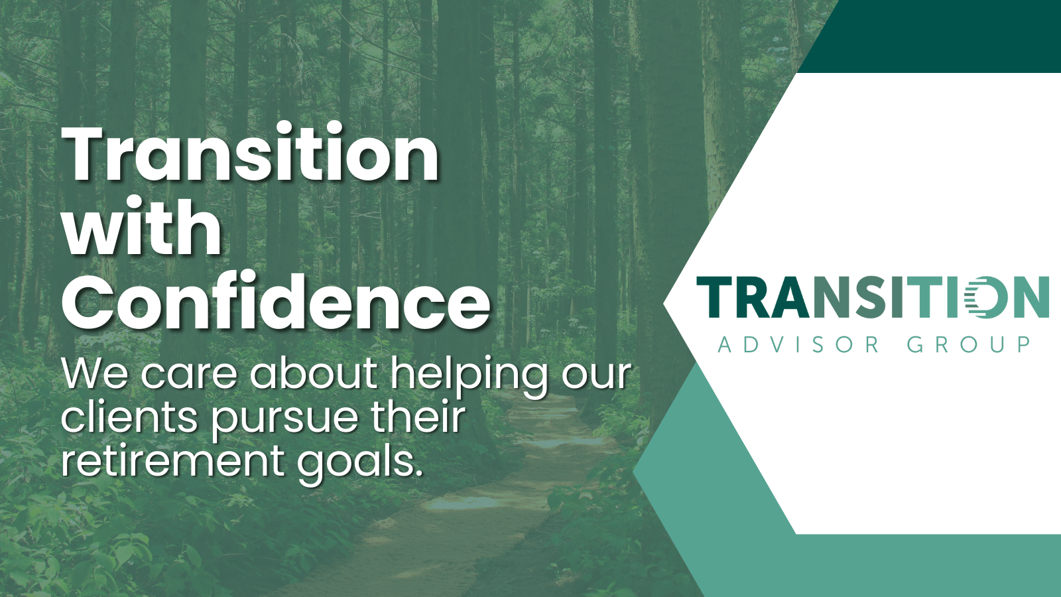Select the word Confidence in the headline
click(277, 302)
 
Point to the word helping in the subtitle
click(469, 375)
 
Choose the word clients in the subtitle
click(129, 418)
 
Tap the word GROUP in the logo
click(969, 345)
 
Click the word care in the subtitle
click(189, 375)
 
